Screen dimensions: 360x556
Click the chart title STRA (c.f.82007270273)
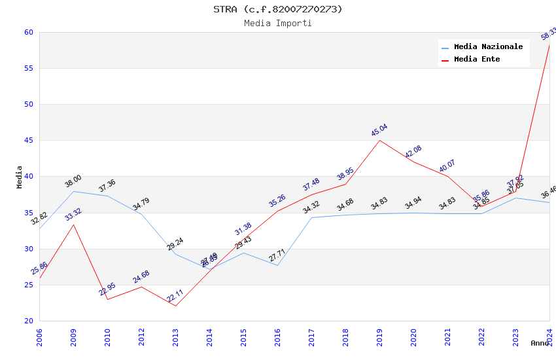coord(278,9)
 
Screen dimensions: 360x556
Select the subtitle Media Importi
coord(278,23)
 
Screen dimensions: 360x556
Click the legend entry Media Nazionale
coord(488,47)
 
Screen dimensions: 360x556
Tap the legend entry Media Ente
coord(477,60)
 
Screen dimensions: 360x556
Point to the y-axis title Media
coord(20,177)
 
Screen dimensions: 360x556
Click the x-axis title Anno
coord(540,343)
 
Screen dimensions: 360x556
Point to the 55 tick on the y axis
coord(28,68)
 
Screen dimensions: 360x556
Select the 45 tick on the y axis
coord(28,140)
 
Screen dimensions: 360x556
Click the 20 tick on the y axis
coord(28,321)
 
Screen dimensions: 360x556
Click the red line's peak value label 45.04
coord(379,130)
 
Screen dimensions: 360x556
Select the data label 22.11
coord(175,296)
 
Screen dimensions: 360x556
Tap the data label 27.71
coord(277,255)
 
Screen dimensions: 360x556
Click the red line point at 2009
coord(73,225)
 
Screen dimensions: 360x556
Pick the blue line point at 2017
coord(311,217)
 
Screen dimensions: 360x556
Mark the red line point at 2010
coord(107,299)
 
